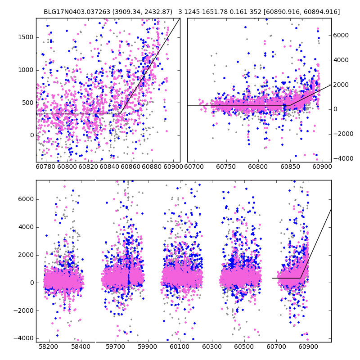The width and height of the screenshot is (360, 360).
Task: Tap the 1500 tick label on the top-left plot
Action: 24,37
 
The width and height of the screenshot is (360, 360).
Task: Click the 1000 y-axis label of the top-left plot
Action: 24,70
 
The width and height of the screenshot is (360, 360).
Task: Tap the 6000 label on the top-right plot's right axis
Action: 341,35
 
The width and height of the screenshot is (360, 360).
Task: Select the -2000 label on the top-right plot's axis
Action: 343,134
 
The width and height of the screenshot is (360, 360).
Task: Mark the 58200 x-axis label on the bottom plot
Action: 48,347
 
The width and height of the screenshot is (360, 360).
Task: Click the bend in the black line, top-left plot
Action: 121,114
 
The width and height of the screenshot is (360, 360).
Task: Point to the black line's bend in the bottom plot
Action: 301,278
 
